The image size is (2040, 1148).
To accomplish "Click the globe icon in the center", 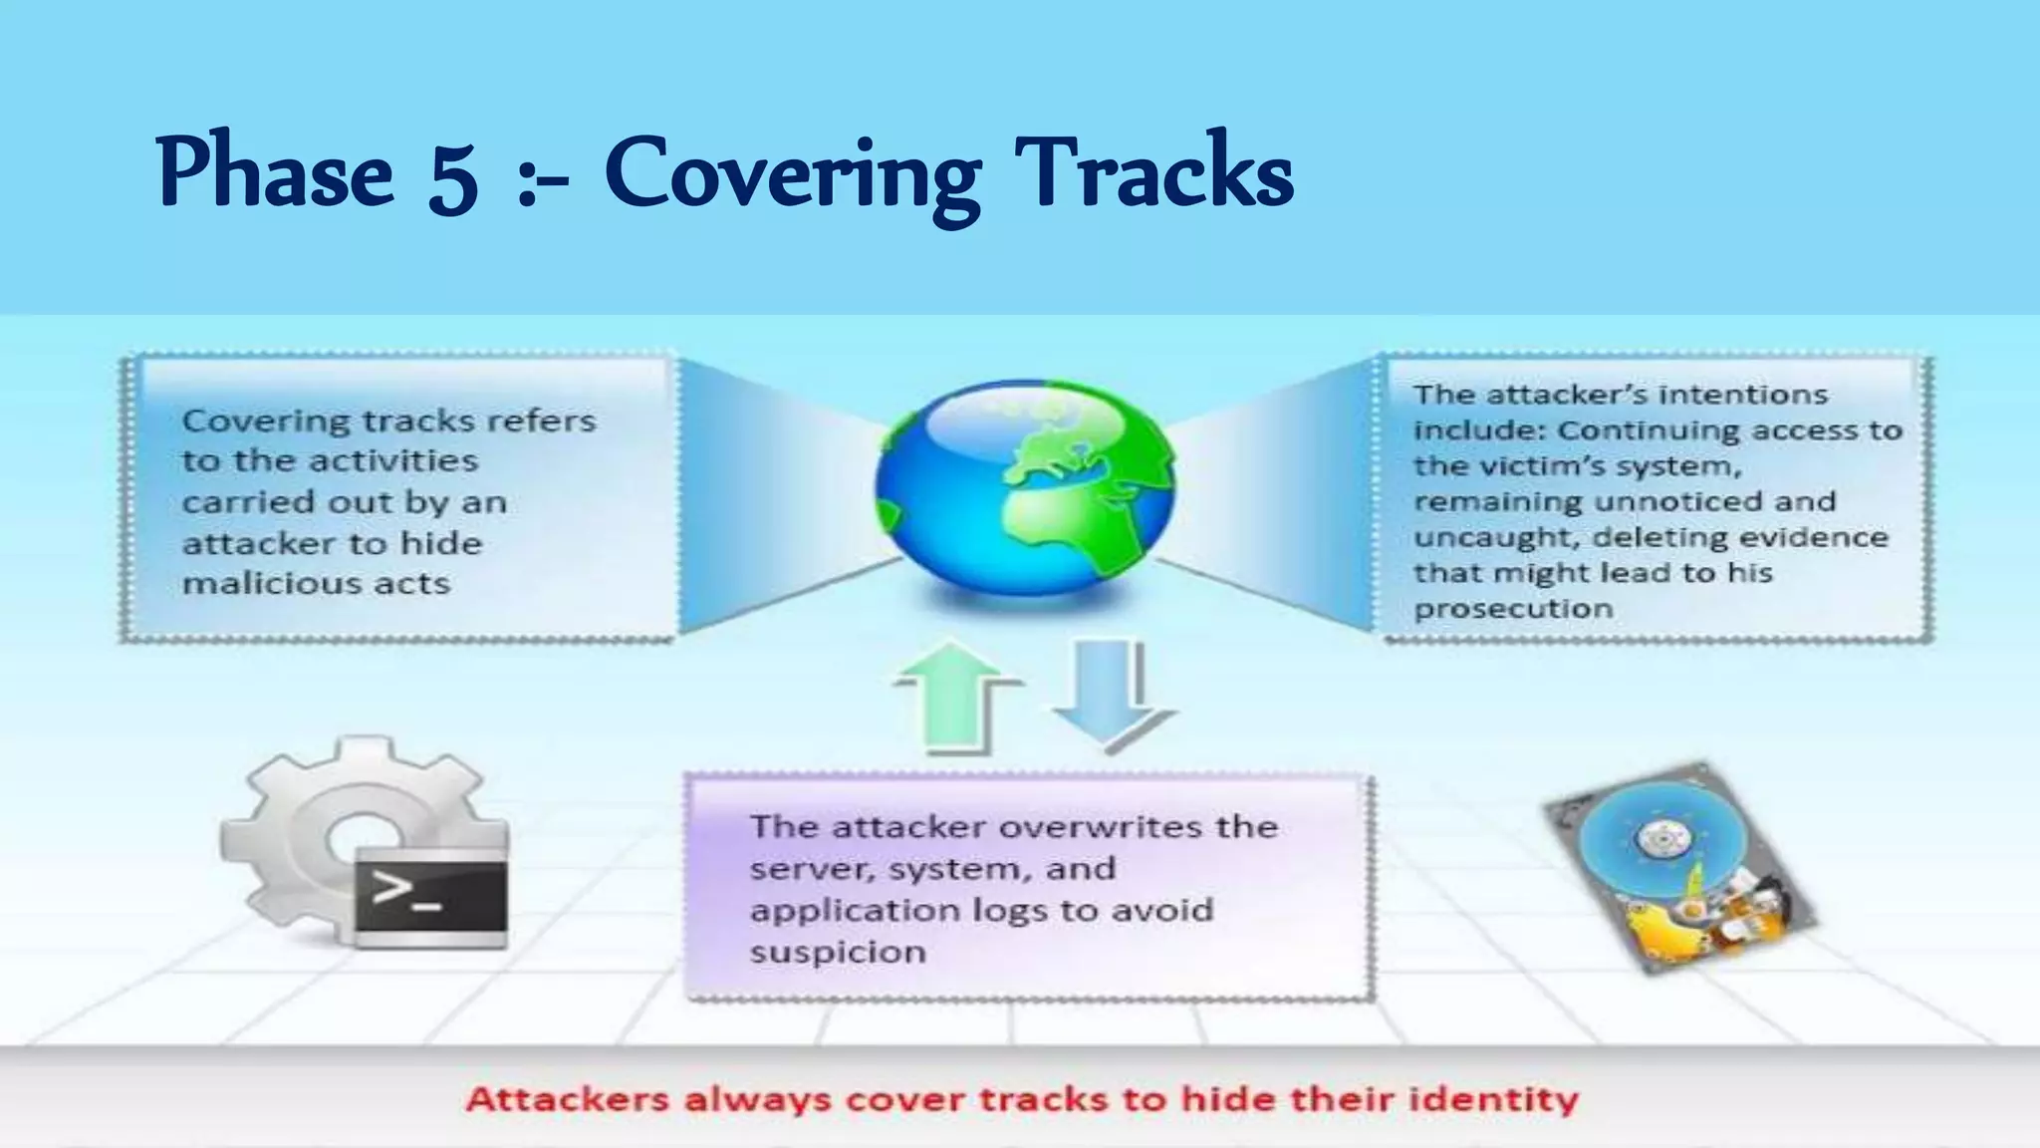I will pos(1025,488).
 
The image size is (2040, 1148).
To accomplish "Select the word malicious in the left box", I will pos(254,583).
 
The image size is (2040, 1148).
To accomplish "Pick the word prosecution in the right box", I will pos(1513,608).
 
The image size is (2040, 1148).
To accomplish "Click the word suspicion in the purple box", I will pos(838,952).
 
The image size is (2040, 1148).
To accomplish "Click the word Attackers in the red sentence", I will pos(568,1099).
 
